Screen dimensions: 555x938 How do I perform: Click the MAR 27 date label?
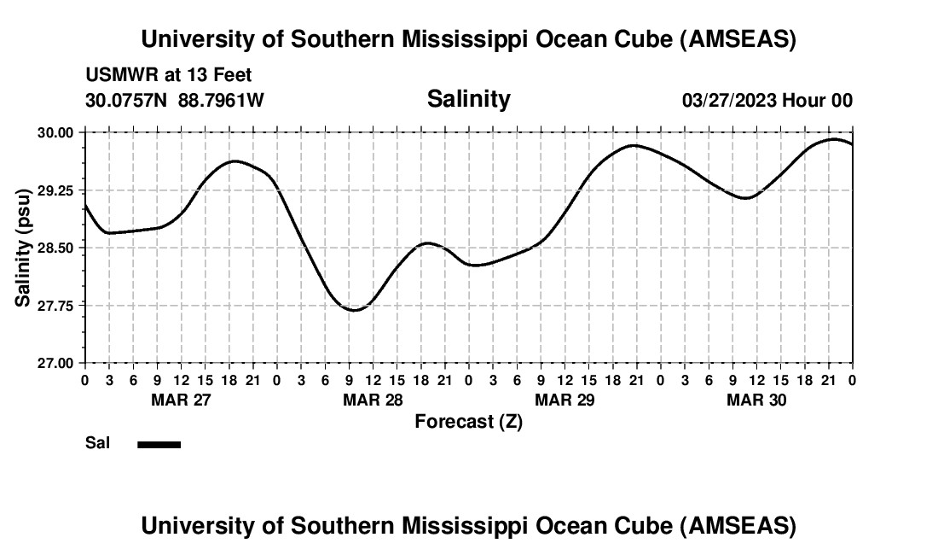point(180,400)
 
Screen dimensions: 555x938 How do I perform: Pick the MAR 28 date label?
point(372,400)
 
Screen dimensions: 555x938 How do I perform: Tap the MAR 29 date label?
point(564,400)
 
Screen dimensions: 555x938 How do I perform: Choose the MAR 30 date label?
point(756,400)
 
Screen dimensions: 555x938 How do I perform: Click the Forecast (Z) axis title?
point(468,422)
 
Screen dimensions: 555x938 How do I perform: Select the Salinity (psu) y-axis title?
point(25,248)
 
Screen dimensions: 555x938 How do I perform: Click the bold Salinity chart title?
point(468,99)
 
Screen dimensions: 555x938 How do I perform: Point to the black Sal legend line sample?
point(159,444)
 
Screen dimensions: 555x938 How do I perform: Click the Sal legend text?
point(98,443)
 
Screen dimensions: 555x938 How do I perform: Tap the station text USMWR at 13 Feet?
point(169,76)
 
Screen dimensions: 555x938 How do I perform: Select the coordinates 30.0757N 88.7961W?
point(175,101)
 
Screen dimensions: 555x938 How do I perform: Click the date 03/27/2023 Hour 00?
point(767,101)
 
